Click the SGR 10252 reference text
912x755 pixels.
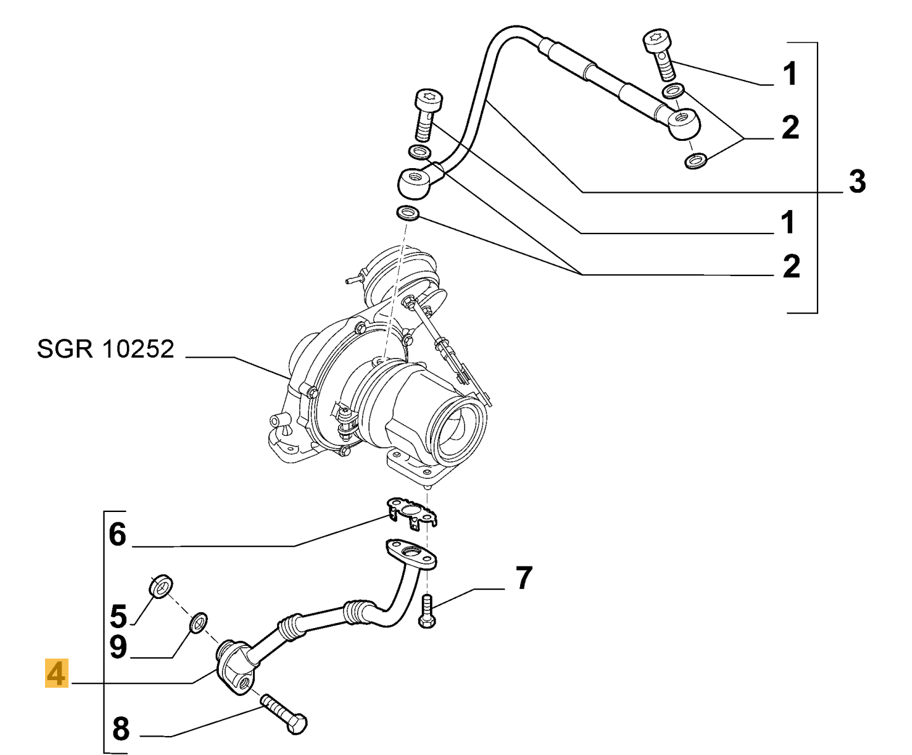pos(105,349)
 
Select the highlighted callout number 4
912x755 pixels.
pos(56,673)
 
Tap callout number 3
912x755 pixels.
pos(857,182)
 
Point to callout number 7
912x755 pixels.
pos(523,578)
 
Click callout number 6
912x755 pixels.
pos(118,534)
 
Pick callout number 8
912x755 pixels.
pos(121,728)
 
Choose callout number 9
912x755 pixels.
pos(118,647)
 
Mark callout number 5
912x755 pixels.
pos(118,615)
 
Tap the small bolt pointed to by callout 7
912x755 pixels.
pos(427,612)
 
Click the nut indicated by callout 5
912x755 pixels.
pos(162,586)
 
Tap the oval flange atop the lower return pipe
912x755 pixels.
pos(410,553)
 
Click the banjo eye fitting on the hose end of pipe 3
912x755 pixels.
pos(684,122)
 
